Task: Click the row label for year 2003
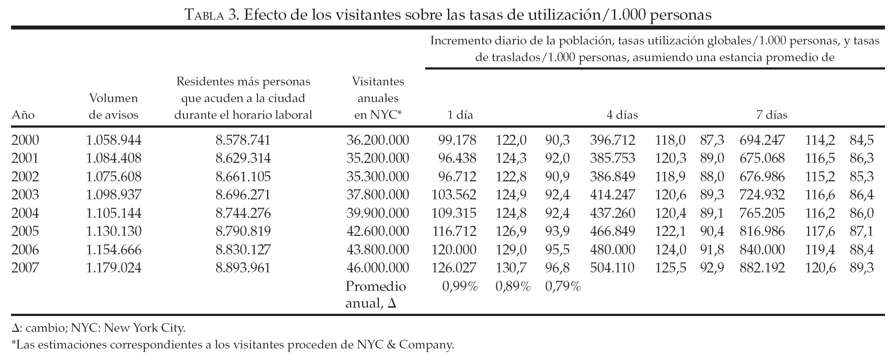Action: click(25, 195)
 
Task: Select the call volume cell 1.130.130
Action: click(114, 231)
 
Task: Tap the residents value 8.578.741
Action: click(243, 140)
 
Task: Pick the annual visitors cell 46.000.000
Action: click(378, 268)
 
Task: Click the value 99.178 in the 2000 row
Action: click(457, 140)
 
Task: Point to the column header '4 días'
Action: click(622, 115)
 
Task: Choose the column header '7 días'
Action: click(772, 115)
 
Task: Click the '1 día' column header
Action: click(460, 115)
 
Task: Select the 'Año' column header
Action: click(23, 115)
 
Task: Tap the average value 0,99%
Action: click(460, 287)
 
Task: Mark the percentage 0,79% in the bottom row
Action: click(563, 287)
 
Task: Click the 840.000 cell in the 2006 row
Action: click(762, 250)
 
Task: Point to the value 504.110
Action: click(612, 268)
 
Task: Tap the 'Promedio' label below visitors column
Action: click(375, 287)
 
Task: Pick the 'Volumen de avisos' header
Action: click(114, 107)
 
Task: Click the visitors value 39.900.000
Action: click(378, 213)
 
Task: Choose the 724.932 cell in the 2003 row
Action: click(762, 195)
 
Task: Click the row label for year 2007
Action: click(25, 268)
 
